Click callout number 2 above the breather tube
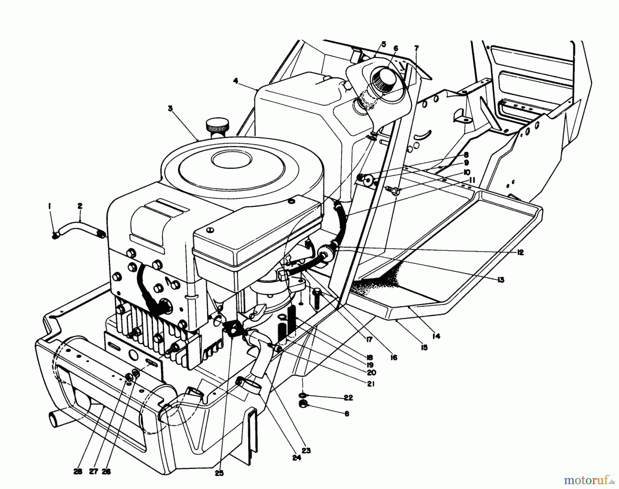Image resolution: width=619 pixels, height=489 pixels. (80, 206)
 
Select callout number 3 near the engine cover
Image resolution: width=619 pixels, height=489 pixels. (170, 108)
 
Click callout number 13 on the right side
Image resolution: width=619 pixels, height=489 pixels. (501, 280)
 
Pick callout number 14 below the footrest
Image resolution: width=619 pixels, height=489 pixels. (436, 336)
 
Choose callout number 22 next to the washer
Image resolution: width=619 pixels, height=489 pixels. (348, 398)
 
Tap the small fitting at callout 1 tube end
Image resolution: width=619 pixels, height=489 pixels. (55, 236)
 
